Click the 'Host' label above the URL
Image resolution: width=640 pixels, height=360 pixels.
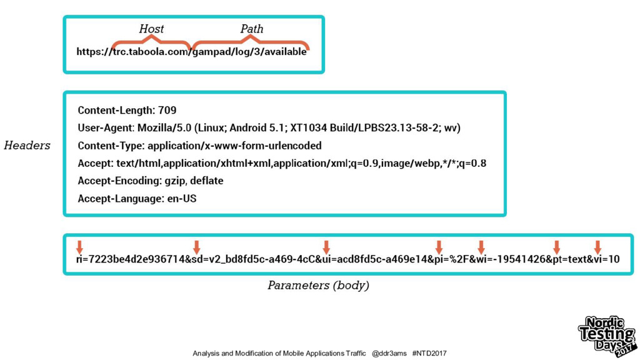[151, 29]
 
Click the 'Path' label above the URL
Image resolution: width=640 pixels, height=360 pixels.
[252, 29]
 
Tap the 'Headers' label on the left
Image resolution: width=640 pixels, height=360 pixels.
[27, 146]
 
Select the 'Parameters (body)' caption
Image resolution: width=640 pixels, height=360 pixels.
[318, 286]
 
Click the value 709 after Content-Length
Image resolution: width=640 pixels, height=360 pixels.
[167, 111]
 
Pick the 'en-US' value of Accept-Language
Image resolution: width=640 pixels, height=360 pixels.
[182, 199]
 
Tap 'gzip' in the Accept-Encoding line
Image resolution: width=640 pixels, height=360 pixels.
[172, 181]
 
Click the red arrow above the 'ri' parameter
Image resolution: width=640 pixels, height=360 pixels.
[79, 247]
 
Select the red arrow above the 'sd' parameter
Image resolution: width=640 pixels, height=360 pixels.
[196, 247]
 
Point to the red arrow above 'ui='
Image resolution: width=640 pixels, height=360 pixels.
[326, 247]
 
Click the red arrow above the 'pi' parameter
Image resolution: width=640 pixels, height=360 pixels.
[439, 247]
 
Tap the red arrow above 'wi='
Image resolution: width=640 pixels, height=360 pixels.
[481, 247]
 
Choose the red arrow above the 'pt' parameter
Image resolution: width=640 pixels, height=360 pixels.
[556, 247]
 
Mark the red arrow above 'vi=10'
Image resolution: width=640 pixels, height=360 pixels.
[597, 247]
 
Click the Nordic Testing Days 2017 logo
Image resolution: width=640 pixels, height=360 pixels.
[605, 336]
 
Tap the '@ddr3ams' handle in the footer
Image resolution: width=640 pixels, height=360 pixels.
[389, 353]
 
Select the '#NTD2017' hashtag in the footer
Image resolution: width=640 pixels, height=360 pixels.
[430, 353]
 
